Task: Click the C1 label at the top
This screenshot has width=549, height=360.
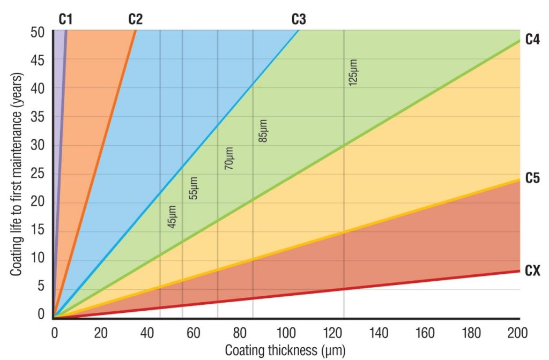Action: pos(65,20)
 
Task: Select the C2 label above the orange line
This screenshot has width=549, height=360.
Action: pos(135,20)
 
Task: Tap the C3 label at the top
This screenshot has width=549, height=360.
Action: pos(299,20)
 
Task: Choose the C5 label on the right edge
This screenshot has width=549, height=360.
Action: pos(532,178)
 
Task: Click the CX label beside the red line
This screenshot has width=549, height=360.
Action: pos(532,272)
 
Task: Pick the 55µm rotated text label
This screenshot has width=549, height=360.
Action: pos(194,188)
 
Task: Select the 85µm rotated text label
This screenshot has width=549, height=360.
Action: pos(263,129)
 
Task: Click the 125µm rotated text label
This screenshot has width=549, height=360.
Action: pos(353,73)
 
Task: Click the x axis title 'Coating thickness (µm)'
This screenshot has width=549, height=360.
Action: pos(285,351)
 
